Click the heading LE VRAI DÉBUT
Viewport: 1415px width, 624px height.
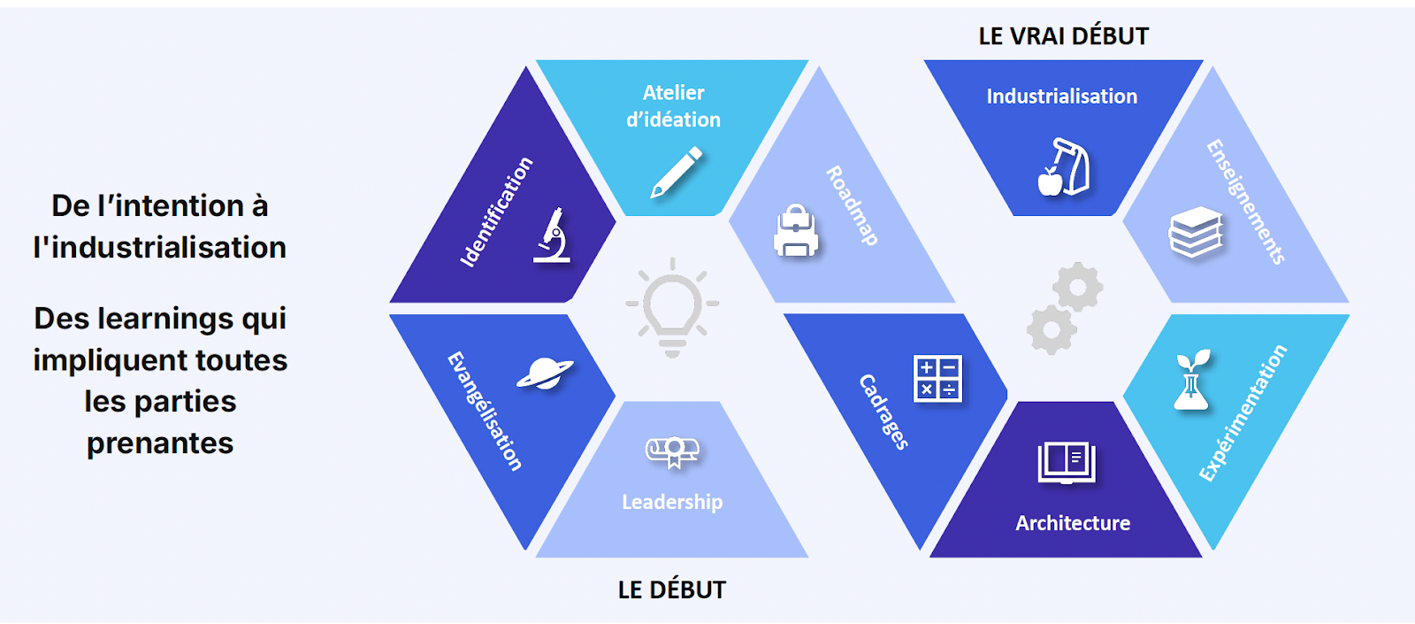coord(1063,36)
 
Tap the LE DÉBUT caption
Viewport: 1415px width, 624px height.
coord(671,589)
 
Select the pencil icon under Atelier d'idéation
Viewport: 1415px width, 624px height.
coord(677,172)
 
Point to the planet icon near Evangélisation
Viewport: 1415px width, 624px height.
coord(545,374)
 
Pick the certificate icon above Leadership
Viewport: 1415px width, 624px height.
coord(672,451)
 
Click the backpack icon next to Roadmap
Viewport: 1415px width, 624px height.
coord(796,232)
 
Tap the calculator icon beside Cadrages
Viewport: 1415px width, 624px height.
coord(937,378)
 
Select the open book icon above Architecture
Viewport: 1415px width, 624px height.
coord(1066,463)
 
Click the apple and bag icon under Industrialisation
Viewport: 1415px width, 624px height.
coord(1063,167)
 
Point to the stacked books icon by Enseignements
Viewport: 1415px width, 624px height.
coord(1196,233)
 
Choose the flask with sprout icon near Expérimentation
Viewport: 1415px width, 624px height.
coord(1191,381)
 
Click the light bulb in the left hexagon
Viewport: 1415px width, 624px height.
coord(672,305)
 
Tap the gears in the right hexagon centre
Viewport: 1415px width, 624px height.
coord(1064,307)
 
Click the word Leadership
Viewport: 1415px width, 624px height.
coord(672,502)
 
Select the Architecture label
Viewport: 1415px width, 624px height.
coord(1073,523)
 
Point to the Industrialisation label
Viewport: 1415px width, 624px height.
coord(1061,96)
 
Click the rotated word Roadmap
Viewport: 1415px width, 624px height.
coord(852,205)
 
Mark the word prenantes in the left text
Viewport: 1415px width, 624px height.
coord(160,443)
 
